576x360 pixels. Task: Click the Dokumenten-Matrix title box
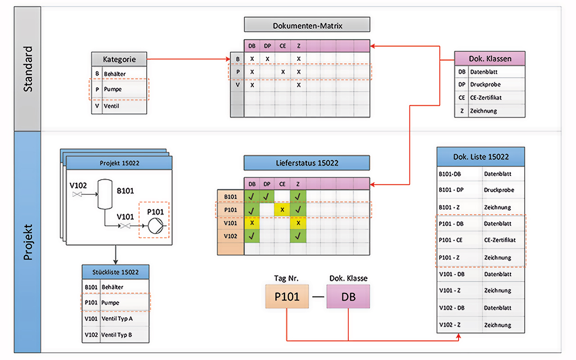(x=307, y=25)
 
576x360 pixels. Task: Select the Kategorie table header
(x=119, y=59)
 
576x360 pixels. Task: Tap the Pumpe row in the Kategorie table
(x=119, y=89)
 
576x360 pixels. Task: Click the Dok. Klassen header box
(x=490, y=58)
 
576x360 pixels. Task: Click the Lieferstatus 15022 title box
(x=307, y=163)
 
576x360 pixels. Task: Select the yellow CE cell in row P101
(x=282, y=210)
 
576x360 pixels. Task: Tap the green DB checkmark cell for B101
(x=252, y=196)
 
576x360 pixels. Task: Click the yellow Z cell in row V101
(x=298, y=223)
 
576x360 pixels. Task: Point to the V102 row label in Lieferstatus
(x=230, y=236)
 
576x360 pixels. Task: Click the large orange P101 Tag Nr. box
(x=287, y=297)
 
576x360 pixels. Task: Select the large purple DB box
(x=348, y=297)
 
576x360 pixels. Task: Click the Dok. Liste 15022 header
(x=481, y=157)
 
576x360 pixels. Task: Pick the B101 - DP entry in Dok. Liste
(x=481, y=190)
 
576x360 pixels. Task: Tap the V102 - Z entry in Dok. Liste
(x=481, y=325)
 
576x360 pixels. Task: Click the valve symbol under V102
(x=76, y=194)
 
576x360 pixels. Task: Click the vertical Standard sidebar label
(x=28, y=69)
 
